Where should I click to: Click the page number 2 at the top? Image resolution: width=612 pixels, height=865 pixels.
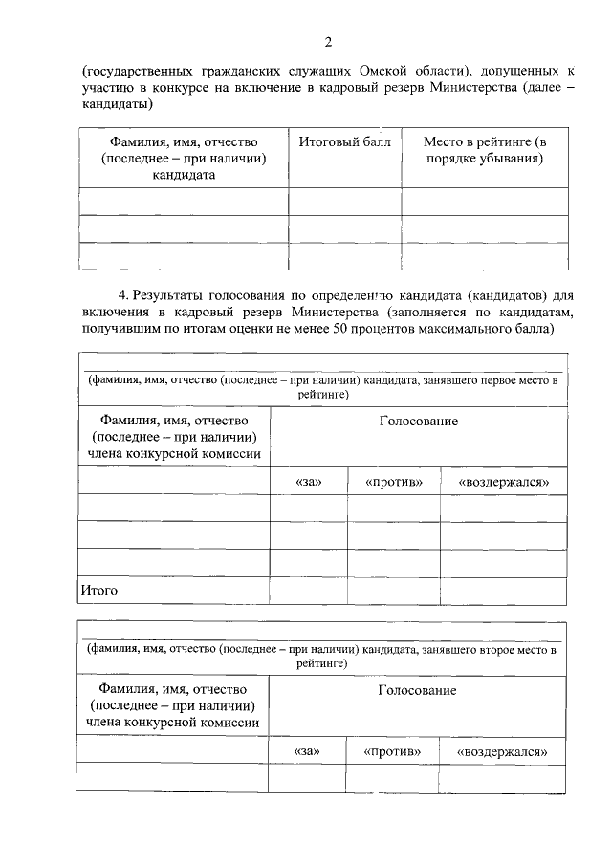[328, 41]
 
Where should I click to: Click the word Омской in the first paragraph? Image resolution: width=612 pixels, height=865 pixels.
[386, 72]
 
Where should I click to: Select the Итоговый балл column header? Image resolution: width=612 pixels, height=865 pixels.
[344, 142]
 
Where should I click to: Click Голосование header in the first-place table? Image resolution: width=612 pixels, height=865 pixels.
[418, 422]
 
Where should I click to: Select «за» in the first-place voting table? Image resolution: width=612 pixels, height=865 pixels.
[309, 482]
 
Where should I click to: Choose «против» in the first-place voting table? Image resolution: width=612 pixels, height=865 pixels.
[393, 482]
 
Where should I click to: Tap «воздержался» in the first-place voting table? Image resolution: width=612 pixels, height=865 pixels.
[503, 482]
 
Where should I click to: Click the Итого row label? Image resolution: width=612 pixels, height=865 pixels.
[98, 591]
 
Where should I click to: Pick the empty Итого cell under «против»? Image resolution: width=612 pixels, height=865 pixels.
[393, 591]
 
